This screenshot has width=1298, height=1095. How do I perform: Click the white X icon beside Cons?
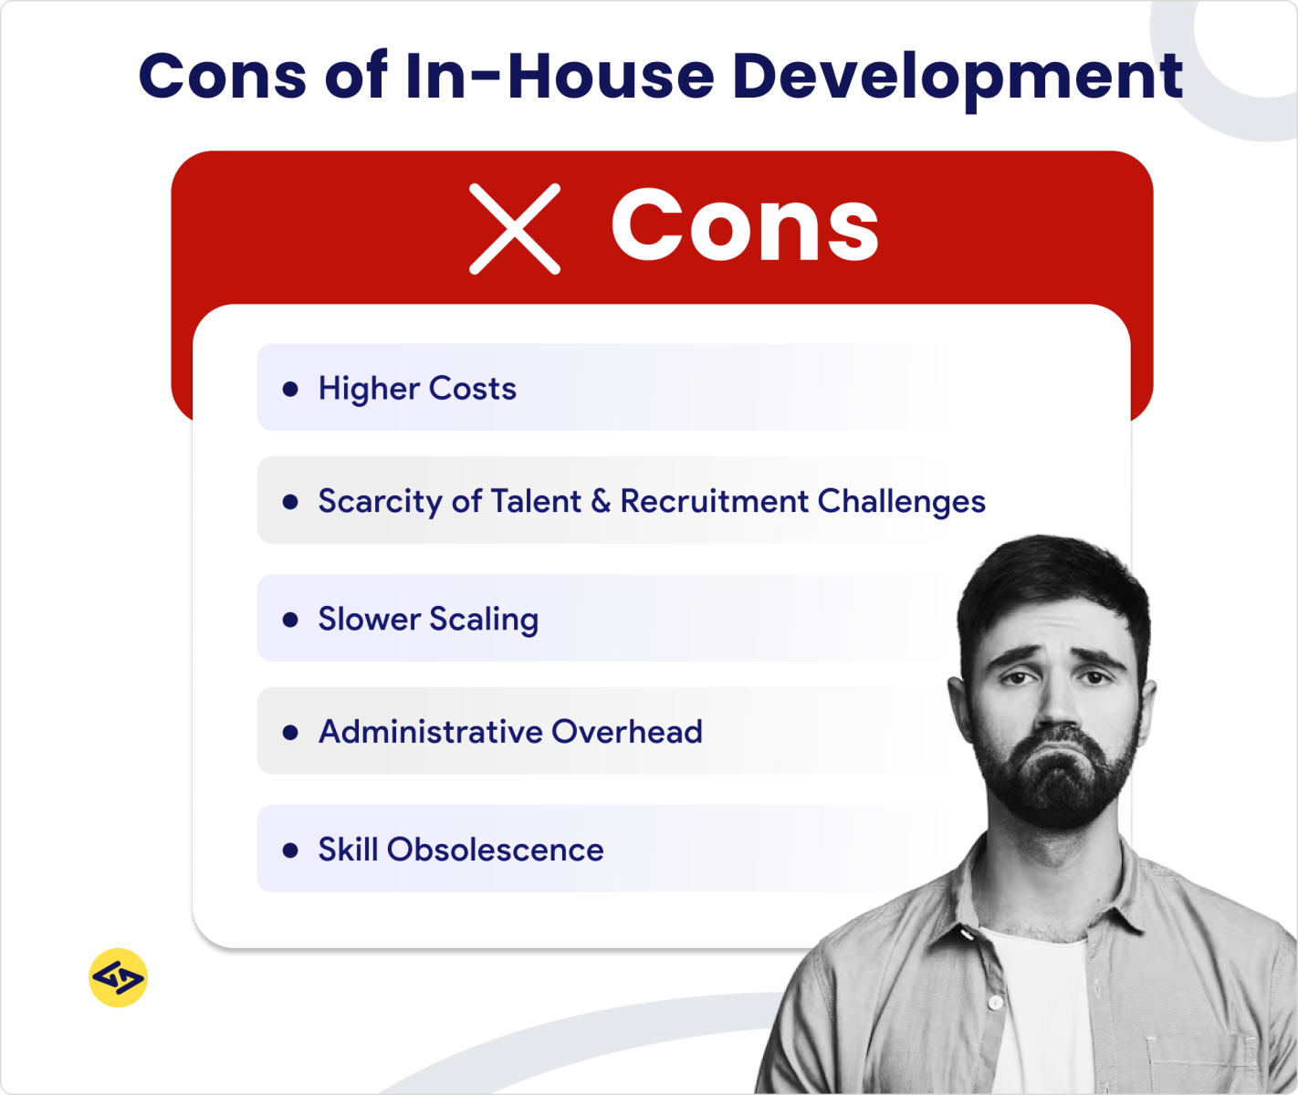[x=515, y=229]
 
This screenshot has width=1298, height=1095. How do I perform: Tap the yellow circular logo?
[x=119, y=978]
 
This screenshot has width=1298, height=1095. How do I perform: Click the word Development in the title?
[x=958, y=77]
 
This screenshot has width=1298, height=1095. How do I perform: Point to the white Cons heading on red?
[x=745, y=226]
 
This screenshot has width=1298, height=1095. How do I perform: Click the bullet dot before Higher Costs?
[x=290, y=390]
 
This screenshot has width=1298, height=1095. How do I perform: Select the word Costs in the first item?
[x=473, y=389]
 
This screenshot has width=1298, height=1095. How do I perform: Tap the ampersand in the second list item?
[x=601, y=502]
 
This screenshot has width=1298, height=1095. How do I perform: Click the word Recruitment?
[x=715, y=502]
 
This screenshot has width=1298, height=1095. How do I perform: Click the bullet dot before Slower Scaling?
[x=290, y=620]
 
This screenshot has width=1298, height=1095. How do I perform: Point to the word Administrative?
[x=431, y=732]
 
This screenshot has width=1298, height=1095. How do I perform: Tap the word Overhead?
[x=627, y=732]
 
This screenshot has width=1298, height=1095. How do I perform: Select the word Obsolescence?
[x=496, y=850]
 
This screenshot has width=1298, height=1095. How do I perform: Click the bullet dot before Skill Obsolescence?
[x=290, y=851]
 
